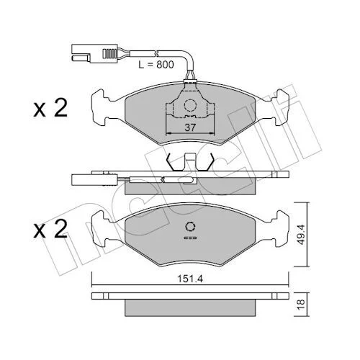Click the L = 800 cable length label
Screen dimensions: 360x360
156,64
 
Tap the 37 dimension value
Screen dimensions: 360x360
190,127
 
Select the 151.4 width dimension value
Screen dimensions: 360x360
190,279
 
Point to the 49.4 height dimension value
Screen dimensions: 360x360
301,235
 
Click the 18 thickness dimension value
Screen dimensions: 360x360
301,304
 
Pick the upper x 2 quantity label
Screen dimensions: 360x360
50,109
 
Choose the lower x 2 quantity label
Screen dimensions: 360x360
50,229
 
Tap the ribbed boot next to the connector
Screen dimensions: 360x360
109,53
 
